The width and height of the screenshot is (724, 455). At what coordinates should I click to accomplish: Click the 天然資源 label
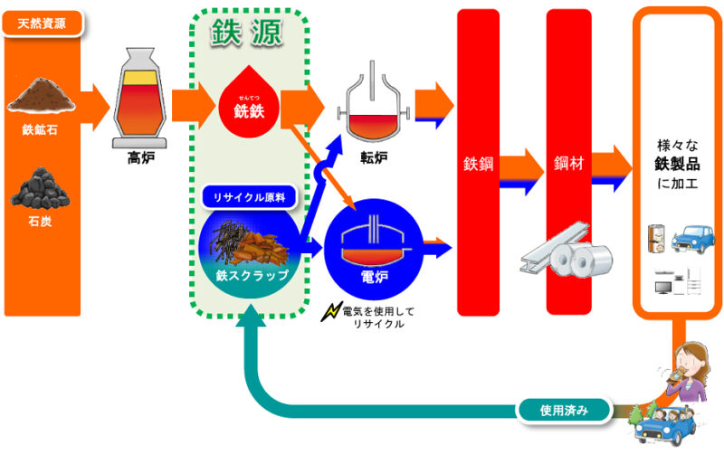43,23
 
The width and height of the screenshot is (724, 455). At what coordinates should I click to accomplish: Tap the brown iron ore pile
43,96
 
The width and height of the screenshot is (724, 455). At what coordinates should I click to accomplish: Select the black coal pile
42,186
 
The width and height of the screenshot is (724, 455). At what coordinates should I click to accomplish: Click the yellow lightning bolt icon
330,312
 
